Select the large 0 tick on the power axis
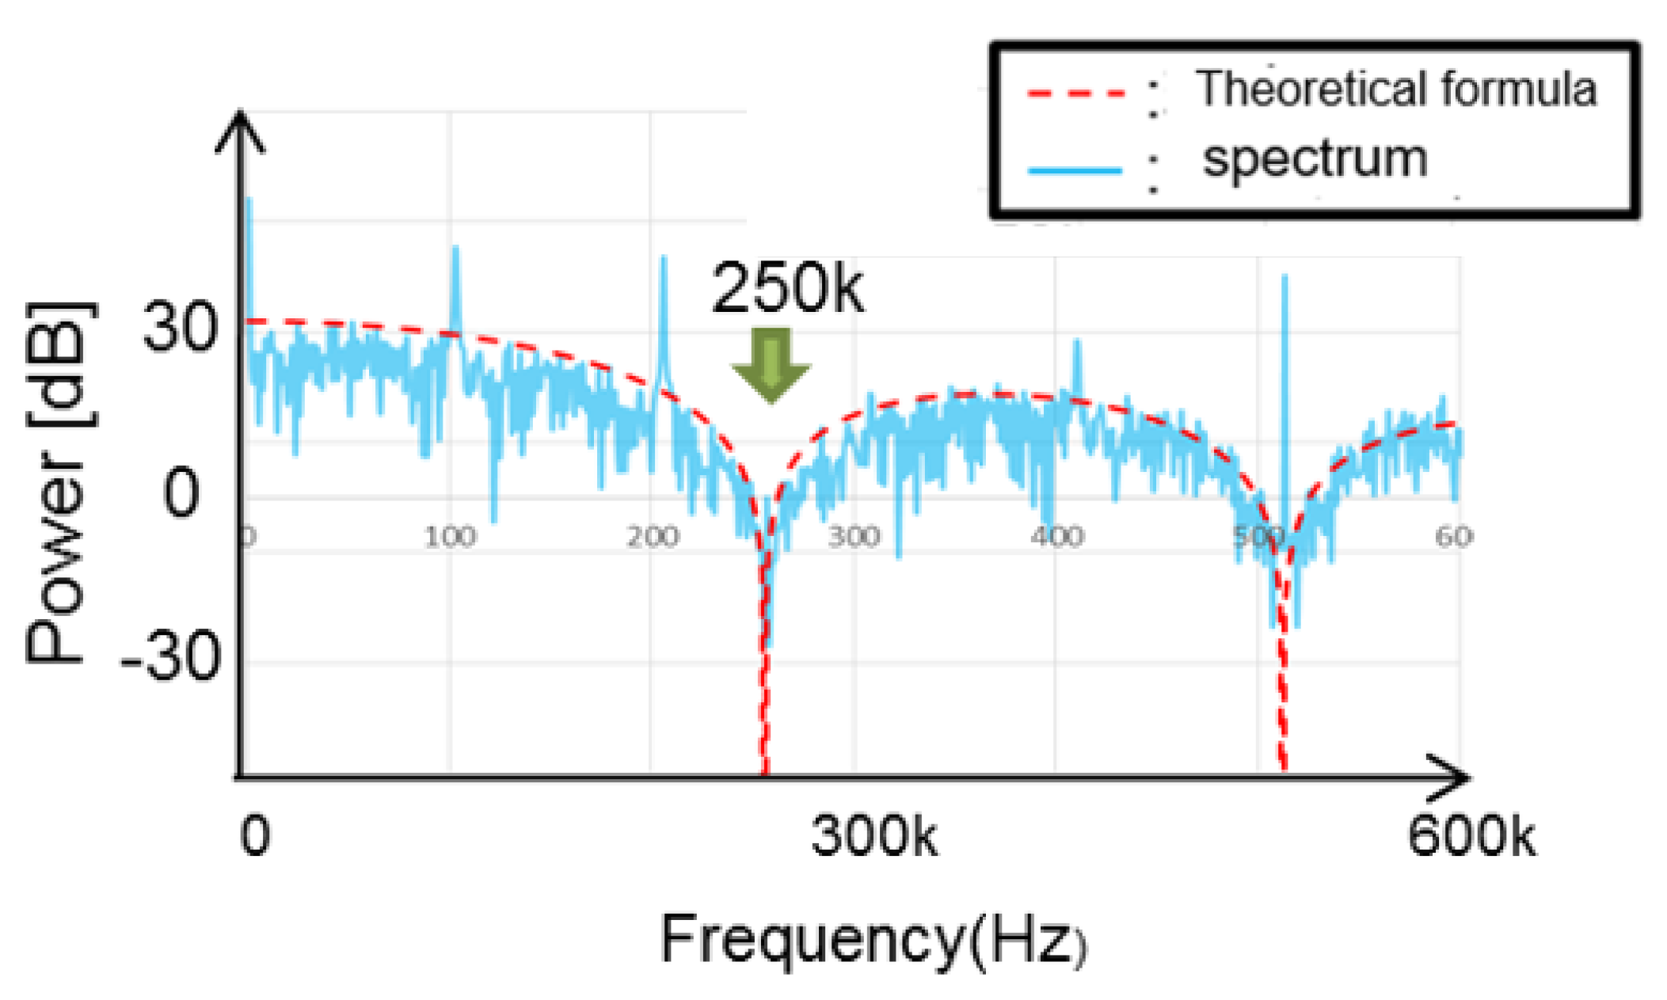pyautogui.click(x=181, y=492)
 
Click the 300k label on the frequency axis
pyautogui.click(x=873, y=836)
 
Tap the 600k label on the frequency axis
pyautogui.click(x=1471, y=836)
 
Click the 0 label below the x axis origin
pyautogui.click(x=255, y=836)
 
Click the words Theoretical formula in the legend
pyautogui.click(x=1395, y=89)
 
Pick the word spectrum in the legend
pyautogui.click(x=1315, y=158)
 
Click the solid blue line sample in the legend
pyautogui.click(x=1075, y=169)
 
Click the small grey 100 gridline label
pyautogui.click(x=449, y=538)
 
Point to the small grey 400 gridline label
pyautogui.click(x=1057, y=538)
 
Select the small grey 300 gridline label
pyautogui.click(x=854, y=538)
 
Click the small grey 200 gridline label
pyautogui.click(x=653, y=538)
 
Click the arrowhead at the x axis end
pyautogui.click(x=1453, y=778)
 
